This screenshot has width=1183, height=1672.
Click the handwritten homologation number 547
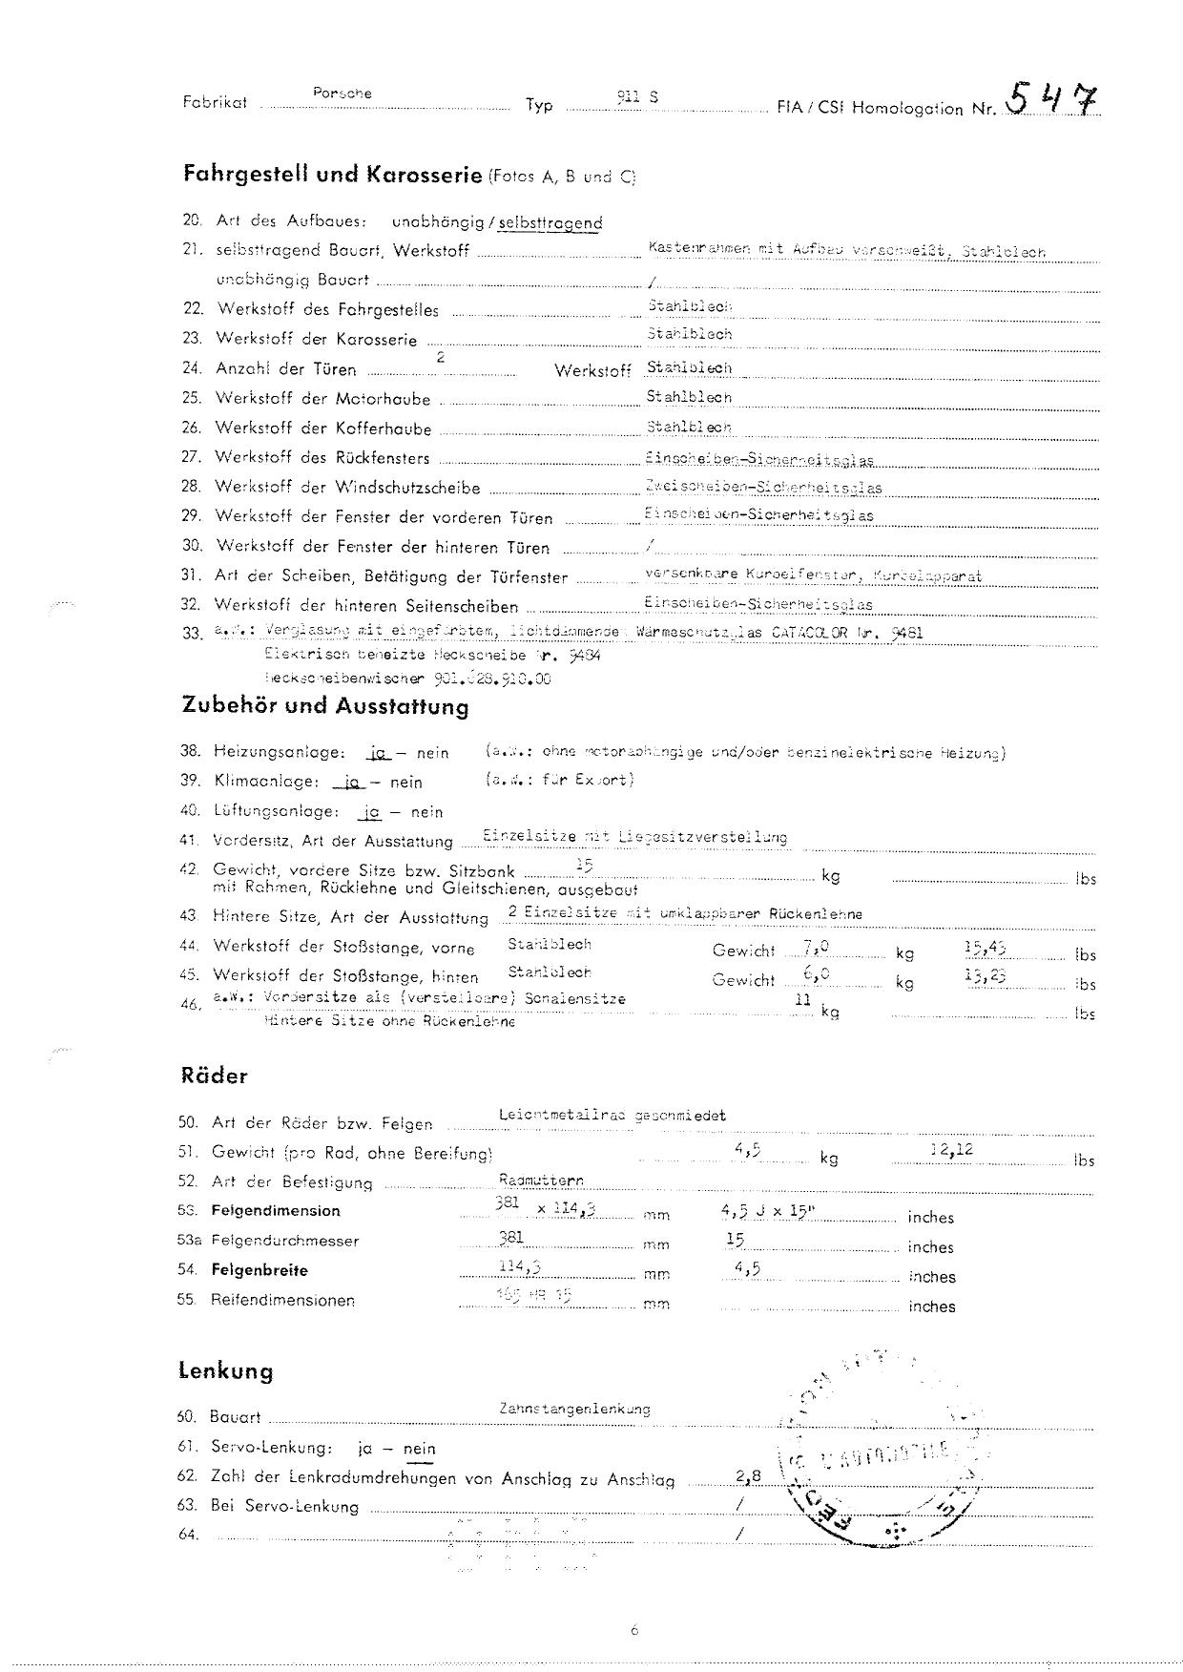pyautogui.click(x=1050, y=98)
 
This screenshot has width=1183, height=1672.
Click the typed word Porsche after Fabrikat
pyautogui.click(x=342, y=94)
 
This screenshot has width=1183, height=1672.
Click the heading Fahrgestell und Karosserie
pyautogui.click(x=332, y=175)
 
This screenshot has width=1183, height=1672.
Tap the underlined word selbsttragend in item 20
pyautogui.click(x=550, y=223)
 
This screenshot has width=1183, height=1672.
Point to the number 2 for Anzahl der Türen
pyautogui.click(x=441, y=357)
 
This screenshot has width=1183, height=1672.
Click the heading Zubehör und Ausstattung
pyautogui.click(x=324, y=707)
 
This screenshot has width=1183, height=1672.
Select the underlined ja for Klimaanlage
pyautogui.click(x=350, y=782)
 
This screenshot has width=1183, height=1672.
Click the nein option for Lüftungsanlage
pyautogui.click(x=426, y=812)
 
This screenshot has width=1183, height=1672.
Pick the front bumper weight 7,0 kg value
pyautogui.click(x=817, y=949)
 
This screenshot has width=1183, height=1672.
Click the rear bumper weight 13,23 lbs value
pyautogui.click(x=986, y=976)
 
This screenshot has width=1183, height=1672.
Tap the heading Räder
pyautogui.click(x=214, y=1076)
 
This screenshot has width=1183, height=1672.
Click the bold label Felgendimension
pyautogui.click(x=275, y=1211)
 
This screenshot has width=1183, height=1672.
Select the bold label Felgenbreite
pyautogui.click(x=259, y=1270)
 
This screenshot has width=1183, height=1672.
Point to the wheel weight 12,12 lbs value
pyautogui.click(x=951, y=1150)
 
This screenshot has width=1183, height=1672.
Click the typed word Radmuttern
pyautogui.click(x=541, y=1181)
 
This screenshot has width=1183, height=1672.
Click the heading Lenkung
pyautogui.click(x=225, y=1371)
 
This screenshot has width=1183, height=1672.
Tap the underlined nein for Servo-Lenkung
pyautogui.click(x=419, y=1449)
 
